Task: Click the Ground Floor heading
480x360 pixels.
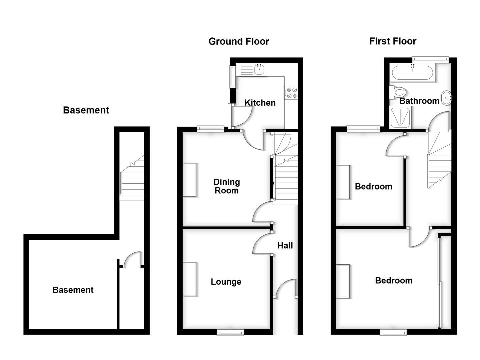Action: tap(239, 41)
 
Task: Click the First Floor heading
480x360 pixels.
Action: tap(393, 41)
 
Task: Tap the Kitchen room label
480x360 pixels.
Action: tap(260, 103)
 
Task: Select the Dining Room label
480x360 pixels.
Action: tap(227, 186)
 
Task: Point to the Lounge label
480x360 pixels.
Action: tap(226, 282)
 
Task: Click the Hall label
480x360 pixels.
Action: tap(285, 246)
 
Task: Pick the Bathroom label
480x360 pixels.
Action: tap(419, 101)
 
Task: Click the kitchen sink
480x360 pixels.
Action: tap(259, 70)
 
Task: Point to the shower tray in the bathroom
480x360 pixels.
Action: tap(400, 118)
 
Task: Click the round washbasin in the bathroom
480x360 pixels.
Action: tap(446, 98)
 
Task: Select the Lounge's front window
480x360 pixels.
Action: tap(230, 332)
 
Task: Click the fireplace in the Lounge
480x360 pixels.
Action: tap(189, 279)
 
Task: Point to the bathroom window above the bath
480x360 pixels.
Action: tap(430, 59)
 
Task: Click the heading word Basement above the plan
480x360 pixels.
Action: tap(86, 110)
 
